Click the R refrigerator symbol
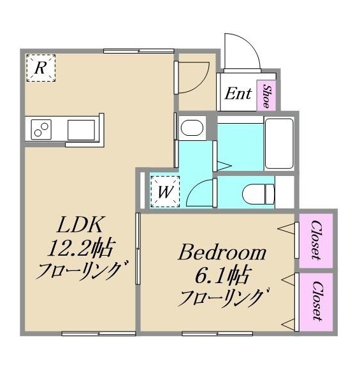click(x=40, y=68)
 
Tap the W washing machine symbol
click(x=163, y=192)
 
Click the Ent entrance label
click(x=238, y=94)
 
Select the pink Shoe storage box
click(x=266, y=95)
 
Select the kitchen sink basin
click(x=81, y=129)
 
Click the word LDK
click(x=77, y=224)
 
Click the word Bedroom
click(x=222, y=253)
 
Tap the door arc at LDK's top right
click(x=193, y=73)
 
